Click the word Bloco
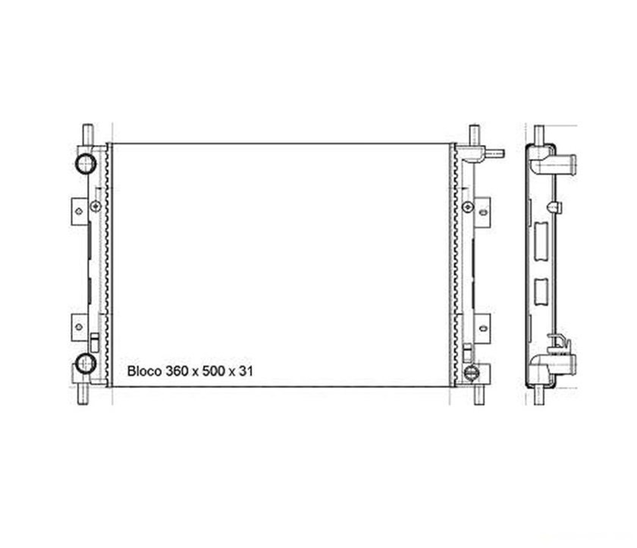click(x=144, y=371)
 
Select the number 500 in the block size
click(x=213, y=371)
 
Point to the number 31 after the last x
click(x=246, y=371)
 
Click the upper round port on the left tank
click(x=86, y=164)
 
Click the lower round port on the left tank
click(x=86, y=363)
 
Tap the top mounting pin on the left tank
click(x=88, y=134)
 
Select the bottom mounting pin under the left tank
click(x=83, y=395)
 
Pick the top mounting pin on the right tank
click(x=475, y=135)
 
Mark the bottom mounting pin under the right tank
click(x=480, y=395)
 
